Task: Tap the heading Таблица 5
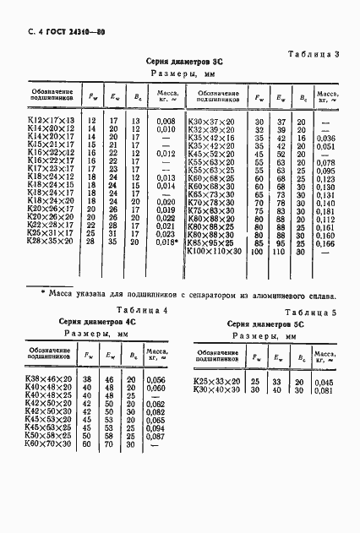312,312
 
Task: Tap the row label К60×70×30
48,443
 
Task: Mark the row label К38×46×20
48,379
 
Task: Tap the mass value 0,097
155,434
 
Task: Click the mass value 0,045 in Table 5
325,381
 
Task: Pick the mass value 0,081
325,389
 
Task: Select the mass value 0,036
325,137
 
